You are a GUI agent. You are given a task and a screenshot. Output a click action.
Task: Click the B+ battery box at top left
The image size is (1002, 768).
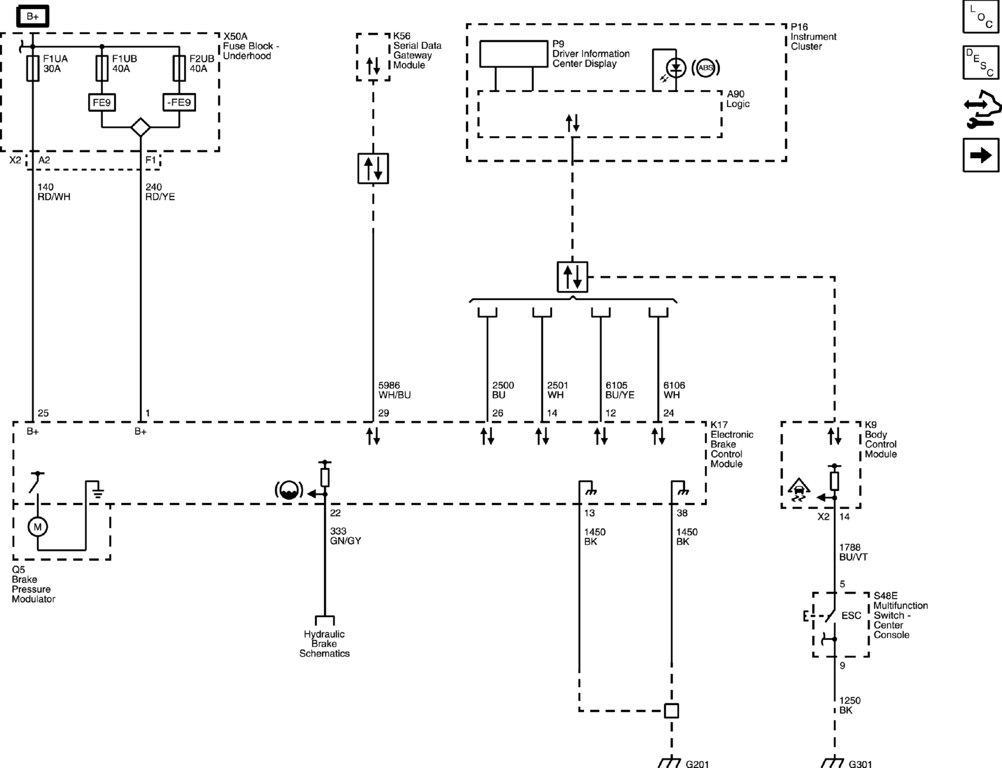32,16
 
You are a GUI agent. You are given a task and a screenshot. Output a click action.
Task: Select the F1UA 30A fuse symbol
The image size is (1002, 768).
32,68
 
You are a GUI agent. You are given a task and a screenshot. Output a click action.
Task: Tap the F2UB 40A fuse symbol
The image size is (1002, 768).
179,68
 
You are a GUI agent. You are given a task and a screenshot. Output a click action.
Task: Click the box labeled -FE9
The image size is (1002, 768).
179,102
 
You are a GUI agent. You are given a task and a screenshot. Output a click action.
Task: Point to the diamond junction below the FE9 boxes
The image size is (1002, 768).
141,127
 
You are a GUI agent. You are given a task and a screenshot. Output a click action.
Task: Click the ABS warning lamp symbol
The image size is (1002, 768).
706,68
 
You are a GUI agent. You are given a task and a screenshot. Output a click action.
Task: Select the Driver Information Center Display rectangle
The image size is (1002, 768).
514,54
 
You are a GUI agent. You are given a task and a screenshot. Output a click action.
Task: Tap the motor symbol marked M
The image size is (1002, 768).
38,527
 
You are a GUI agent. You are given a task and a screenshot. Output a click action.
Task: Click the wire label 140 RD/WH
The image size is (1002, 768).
54,192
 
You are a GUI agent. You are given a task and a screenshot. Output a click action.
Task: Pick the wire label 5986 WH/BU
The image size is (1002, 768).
395,390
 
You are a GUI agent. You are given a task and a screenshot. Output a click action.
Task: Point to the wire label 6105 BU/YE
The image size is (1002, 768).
620,390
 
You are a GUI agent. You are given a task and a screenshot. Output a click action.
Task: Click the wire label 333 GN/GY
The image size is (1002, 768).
345,536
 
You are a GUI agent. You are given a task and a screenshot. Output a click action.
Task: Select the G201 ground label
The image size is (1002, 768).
697,763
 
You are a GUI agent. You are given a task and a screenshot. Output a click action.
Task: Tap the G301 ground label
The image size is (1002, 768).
860,763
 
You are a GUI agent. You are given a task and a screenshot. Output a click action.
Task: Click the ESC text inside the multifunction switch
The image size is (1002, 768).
851,616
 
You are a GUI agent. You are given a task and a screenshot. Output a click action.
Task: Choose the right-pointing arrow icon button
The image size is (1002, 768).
981,155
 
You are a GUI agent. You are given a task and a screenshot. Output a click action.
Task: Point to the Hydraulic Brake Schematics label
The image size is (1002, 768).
324,644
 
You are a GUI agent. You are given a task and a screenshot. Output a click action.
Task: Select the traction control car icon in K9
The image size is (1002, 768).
798,489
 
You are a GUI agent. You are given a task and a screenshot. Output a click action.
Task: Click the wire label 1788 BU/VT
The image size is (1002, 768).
853,552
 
